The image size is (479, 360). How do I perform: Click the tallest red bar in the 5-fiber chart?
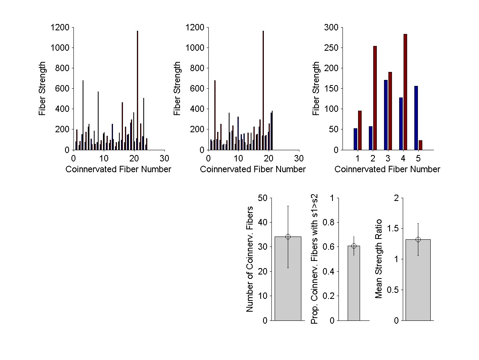click(x=405, y=92)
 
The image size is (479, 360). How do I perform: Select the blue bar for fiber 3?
click(x=386, y=115)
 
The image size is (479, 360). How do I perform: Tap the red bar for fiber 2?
click(x=375, y=98)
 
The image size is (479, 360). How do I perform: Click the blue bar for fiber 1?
click(x=355, y=139)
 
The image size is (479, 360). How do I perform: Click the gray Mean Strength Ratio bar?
click(x=418, y=280)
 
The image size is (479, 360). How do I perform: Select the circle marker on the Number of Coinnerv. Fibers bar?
click(x=288, y=237)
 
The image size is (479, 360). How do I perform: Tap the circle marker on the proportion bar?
click(x=354, y=246)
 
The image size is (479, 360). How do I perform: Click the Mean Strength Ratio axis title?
click(x=379, y=259)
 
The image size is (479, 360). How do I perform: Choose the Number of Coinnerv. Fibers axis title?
click(x=250, y=259)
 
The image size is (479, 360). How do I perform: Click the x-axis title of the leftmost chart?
click(x=118, y=169)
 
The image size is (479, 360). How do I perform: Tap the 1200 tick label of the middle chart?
click(x=195, y=28)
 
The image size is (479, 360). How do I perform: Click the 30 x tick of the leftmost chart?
click(x=164, y=157)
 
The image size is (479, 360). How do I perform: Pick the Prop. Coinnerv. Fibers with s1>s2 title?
click(x=315, y=259)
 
